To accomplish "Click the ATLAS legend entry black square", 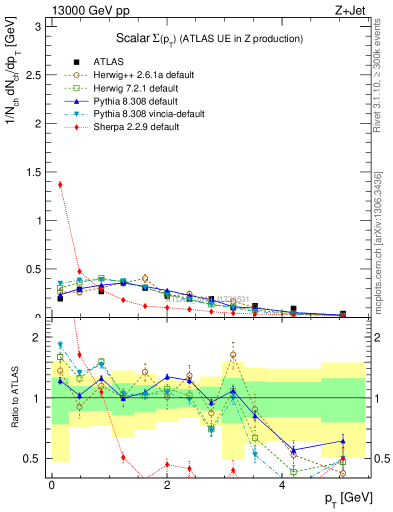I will (76, 62).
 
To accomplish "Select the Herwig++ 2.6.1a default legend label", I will (143, 75).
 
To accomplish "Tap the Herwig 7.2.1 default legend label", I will (136, 88).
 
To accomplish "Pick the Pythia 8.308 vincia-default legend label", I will (149, 114).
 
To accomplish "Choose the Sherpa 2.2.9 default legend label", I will (136, 127).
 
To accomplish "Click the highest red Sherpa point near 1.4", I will (60, 184).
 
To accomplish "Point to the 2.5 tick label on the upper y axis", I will (33, 75).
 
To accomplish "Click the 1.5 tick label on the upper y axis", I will (33, 172).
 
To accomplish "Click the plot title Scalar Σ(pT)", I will (209, 38).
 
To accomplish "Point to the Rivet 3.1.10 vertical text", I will (378, 75).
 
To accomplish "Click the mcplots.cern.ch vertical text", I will (378, 243).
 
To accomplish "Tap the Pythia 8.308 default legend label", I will (136, 101).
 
